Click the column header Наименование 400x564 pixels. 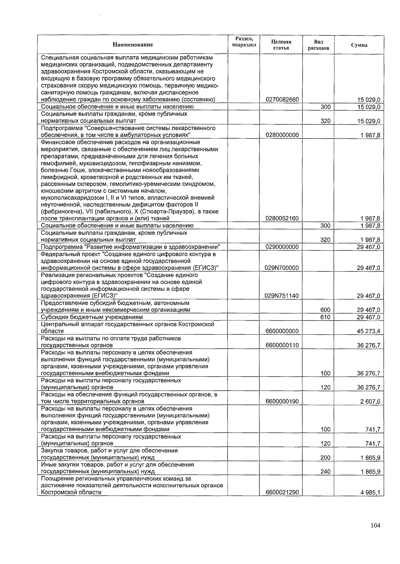(132, 45)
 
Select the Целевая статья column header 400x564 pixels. (281, 45)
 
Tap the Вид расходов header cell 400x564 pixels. (318, 45)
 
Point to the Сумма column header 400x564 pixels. (359, 45)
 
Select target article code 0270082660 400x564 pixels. (282, 100)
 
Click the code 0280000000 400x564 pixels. (282, 135)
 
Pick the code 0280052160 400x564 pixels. (282, 219)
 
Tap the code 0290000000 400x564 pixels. (282, 247)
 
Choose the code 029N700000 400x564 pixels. (282, 268)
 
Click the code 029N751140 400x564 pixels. (282, 296)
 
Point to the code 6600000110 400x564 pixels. (282, 345)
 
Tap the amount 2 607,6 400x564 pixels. (370, 401)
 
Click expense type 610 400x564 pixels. (325, 317)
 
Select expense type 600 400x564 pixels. (325, 310)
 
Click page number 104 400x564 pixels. (375, 526)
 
